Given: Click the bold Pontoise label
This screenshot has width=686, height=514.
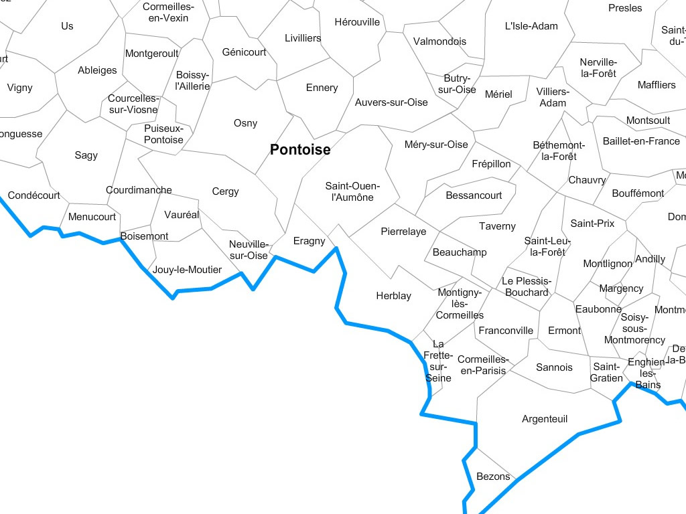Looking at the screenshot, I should (x=300, y=150).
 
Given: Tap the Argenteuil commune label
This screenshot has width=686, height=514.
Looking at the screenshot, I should (x=545, y=419).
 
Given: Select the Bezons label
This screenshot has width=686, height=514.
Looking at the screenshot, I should (x=493, y=477).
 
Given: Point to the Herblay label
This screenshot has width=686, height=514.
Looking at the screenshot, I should (x=393, y=296).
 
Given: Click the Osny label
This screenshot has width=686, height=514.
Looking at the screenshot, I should (x=245, y=123).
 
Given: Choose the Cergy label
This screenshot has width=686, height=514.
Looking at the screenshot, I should (x=225, y=191).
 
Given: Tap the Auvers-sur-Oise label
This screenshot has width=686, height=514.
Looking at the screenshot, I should (x=391, y=102).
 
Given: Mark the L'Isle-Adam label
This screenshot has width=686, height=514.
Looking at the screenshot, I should (x=531, y=26).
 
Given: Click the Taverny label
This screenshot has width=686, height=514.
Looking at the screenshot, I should (x=497, y=226).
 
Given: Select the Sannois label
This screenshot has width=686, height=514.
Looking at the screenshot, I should (x=554, y=367).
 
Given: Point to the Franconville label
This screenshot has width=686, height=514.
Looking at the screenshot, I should (x=506, y=331).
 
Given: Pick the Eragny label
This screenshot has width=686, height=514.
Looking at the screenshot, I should (x=309, y=241).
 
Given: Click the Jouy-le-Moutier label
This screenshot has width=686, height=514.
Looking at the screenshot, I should (x=187, y=270).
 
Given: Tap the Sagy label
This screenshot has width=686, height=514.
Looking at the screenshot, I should (x=86, y=155).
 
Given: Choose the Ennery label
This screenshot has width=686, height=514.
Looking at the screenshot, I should (x=322, y=88).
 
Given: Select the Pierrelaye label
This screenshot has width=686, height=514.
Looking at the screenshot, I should (x=403, y=232).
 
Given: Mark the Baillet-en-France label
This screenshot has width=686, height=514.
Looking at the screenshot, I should (x=641, y=141).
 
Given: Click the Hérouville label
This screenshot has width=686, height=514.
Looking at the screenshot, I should (x=356, y=22).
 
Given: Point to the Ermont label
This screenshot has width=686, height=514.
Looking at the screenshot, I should (x=564, y=331).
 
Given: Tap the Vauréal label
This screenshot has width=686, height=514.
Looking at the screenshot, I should (x=182, y=215).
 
